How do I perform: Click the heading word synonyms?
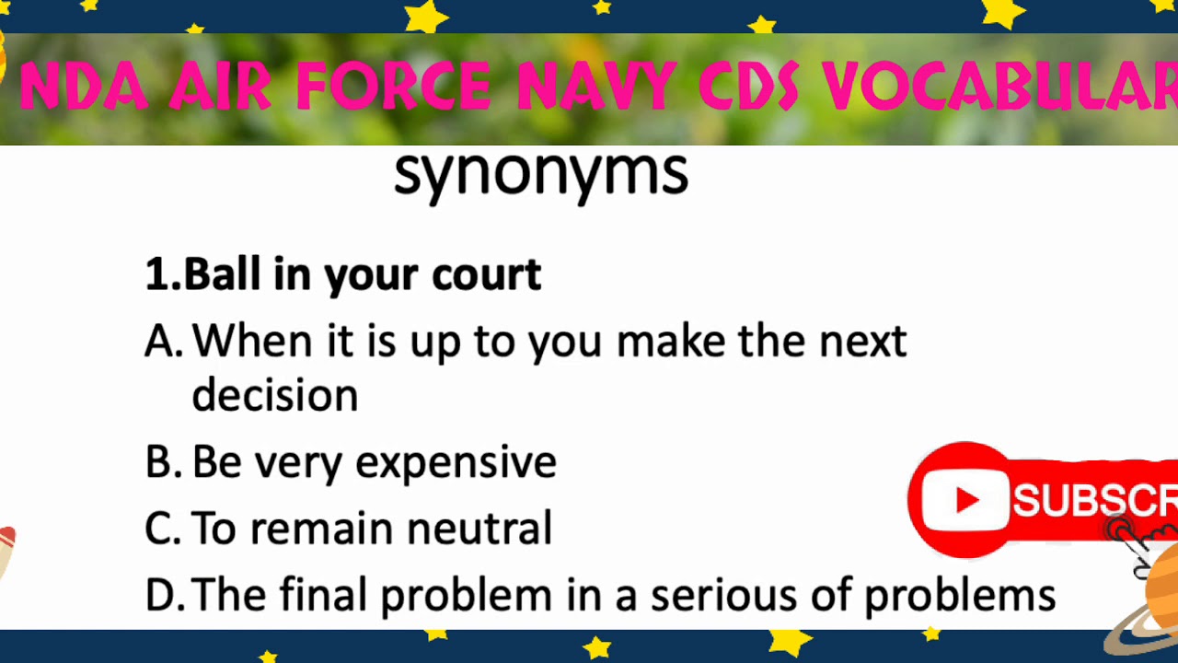[540, 173]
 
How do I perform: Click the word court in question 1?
[486, 274]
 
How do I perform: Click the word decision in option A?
[274, 395]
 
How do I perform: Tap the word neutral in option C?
[479, 529]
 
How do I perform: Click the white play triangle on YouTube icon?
[967, 500]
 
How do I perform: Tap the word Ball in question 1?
[222, 274]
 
